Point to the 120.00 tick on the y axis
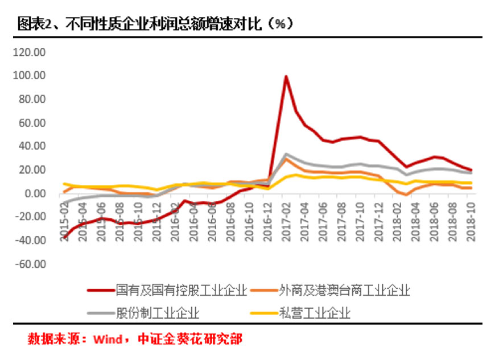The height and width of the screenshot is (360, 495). [x=30, y=52]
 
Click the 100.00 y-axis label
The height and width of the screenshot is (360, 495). [x=30, y=76]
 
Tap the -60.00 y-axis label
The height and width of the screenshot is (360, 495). [x=30, y=264]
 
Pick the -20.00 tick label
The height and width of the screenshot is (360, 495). [x=30, y=217]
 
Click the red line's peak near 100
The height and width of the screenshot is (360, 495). [x=286, y=76]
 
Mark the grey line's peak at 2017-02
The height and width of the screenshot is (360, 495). [x=286, y=154]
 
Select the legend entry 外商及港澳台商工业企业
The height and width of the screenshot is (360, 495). [x=345, y=291]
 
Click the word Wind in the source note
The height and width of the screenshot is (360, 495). [x=107, y=340]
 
